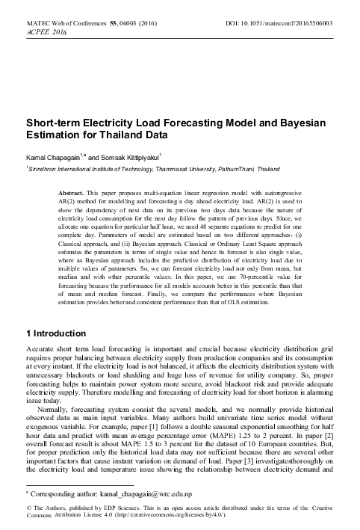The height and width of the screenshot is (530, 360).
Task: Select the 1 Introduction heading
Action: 56,333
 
